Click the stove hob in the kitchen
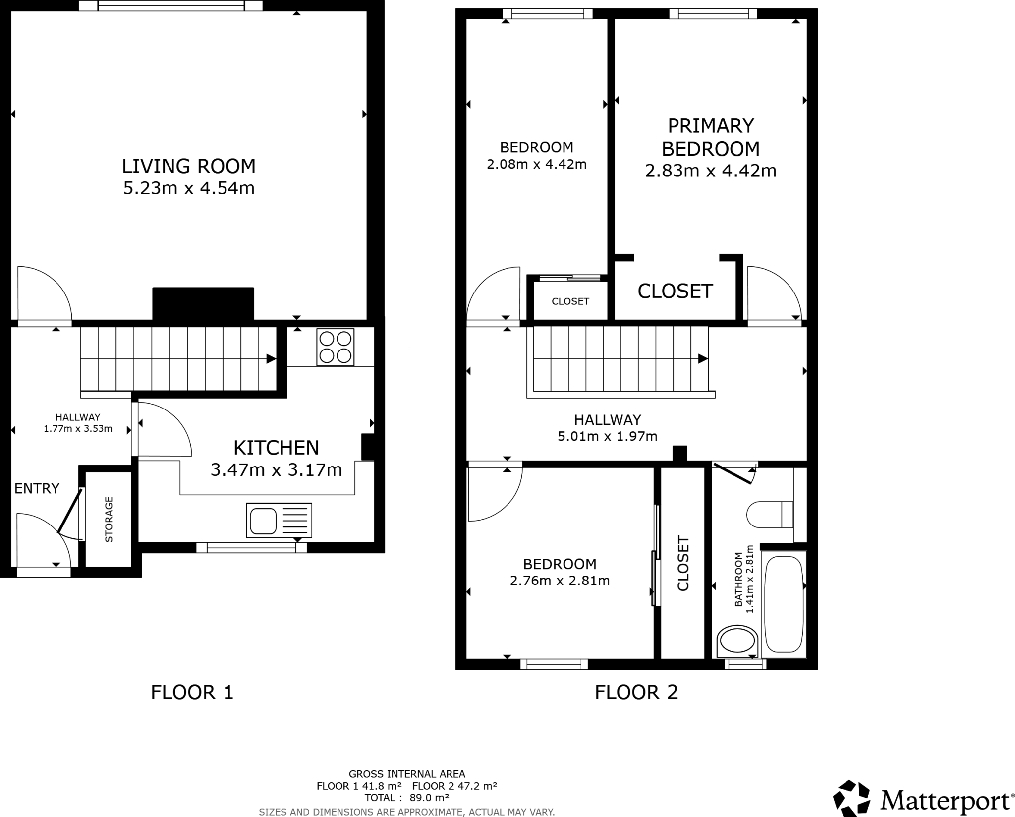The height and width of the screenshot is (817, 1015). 336,347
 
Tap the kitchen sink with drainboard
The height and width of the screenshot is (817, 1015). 279,521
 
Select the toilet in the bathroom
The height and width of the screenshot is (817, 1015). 770,514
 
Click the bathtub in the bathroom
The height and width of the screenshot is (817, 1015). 784,604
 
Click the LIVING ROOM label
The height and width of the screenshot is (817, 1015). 189,166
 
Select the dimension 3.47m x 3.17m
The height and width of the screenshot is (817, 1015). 276,469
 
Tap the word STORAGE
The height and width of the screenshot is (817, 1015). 109,519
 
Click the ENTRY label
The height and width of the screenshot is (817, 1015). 37,488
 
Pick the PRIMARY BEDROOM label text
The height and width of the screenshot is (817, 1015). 710,137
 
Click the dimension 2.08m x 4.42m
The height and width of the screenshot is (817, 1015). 536,164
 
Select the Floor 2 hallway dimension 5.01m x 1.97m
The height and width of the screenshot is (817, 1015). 607,436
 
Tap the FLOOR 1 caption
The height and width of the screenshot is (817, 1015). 192,692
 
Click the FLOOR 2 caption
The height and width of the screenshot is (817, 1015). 636,692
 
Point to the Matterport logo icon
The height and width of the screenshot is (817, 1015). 851,798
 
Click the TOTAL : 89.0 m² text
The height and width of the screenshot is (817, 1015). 406,798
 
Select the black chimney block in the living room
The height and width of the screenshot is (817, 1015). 203,303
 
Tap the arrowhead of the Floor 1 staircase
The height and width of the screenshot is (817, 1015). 271,359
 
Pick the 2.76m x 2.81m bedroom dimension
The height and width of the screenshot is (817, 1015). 560,580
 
